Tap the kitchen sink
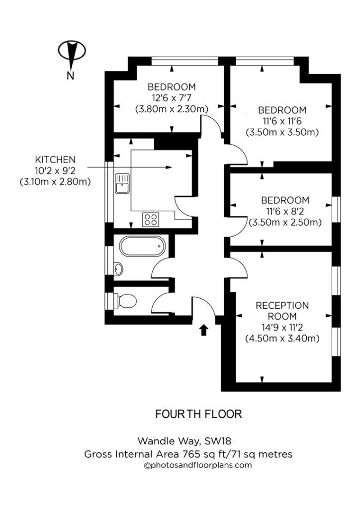[122, 183]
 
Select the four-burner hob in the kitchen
[150, 219]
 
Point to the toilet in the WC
[125, 300]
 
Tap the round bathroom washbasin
[118, 269]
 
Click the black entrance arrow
[203, 330]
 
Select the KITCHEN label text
[55, 160]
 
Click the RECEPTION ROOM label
[282, 311]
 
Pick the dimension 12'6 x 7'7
[171, 97]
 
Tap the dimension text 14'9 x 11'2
[282, 328]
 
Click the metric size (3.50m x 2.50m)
[285, 222]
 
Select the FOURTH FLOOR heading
[198, 414]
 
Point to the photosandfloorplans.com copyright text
[197, 465]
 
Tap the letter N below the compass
[71, 76]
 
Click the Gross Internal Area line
[188, 453]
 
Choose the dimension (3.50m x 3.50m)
[282, 132]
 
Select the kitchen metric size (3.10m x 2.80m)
[55, 182]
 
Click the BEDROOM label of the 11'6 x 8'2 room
[285, 200]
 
